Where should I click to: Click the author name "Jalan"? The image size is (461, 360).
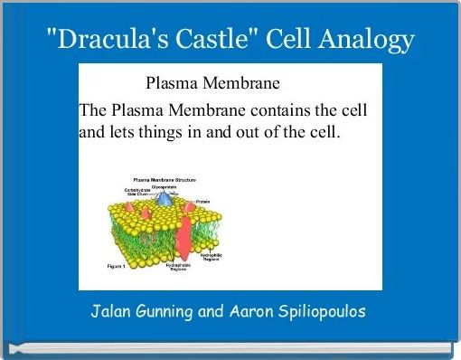click(112, 312)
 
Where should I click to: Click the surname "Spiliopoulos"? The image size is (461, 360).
click(325, 312)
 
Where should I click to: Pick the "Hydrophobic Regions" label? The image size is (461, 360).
click(177, 268)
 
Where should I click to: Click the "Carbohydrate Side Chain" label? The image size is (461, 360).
click(137, 194)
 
